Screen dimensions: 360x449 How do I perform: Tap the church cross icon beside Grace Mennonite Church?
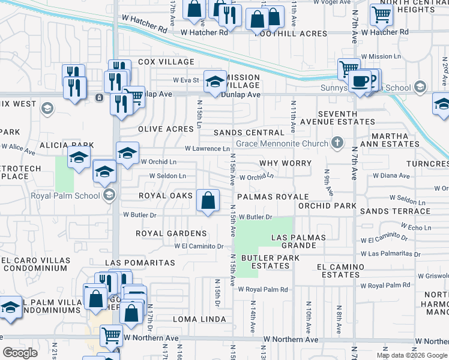click(x=337, y=143)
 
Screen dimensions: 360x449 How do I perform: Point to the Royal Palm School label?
click(x=66, y=194)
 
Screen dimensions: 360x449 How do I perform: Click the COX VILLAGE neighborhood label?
click(x=166, y=62)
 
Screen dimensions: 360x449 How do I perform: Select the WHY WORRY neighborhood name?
click(x=285, y=163)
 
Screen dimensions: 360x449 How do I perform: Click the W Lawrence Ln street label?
click(x=207, y=148)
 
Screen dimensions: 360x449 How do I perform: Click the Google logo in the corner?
click(x=20, y=353)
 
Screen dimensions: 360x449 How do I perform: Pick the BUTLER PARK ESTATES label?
click(x=266, y=262)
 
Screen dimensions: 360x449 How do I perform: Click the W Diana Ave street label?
click(x=391, y=176)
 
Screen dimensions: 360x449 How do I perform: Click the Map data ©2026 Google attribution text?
click(x=412, y=355)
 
